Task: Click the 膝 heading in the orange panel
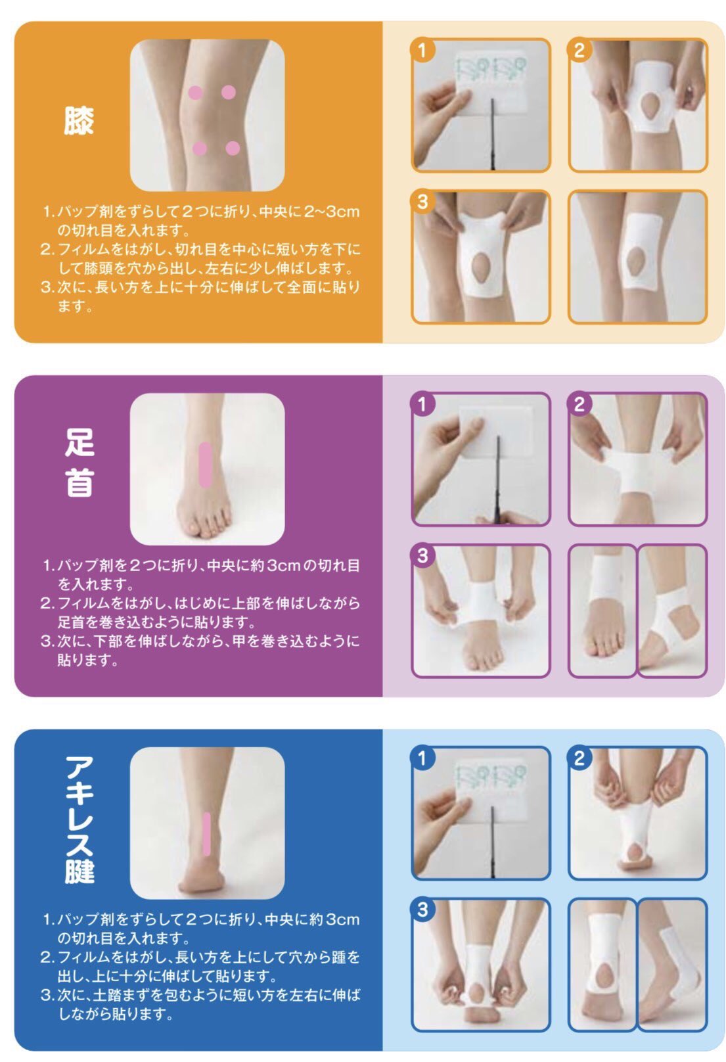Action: [79, 120]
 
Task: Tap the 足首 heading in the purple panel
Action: [79, 462]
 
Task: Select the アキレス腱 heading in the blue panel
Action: [79, 819]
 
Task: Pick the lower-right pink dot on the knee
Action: [233, 149]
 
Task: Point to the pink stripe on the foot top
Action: [205, 465]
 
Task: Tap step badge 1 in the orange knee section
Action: [422, 50]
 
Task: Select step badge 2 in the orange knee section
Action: [579, 50]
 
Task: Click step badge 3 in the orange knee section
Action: [422, 201]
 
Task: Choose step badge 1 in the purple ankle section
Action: [422, 404]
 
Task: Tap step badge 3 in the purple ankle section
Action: [422, 555]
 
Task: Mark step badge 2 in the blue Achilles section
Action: [579, 758]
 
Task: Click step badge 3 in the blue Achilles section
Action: [422, 909]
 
